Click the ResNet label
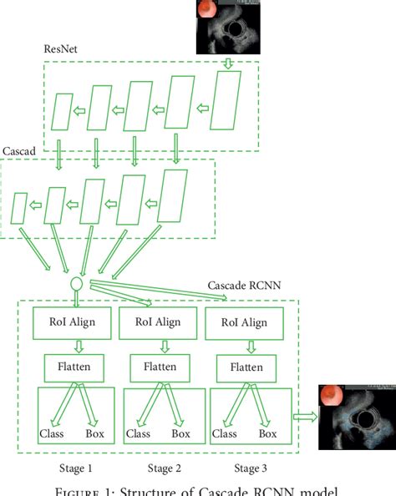[61, 49]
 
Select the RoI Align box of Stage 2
[150, 321]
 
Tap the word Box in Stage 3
[268, 433]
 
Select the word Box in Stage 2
[181, 433]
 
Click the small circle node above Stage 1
[74, 281]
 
